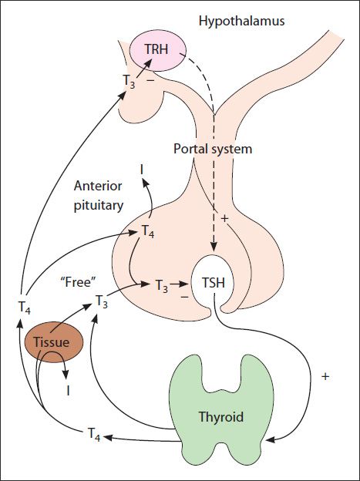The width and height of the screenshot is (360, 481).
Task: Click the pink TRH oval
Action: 158,51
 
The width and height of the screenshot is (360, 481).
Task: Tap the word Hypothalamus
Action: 241,21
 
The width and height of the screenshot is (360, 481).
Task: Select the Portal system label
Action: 213,149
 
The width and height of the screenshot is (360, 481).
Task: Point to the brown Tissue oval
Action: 54,341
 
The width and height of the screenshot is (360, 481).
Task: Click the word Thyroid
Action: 221,417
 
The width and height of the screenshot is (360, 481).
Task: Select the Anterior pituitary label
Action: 98,196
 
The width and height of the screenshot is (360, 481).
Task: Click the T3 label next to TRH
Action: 129,81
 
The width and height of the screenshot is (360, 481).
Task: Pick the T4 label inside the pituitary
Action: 147,231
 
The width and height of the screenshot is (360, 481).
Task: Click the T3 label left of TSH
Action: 162,286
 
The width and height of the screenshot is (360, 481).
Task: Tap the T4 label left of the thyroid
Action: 94,435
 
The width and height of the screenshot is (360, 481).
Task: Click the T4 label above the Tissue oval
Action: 24,307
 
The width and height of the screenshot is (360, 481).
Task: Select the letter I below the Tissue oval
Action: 68,391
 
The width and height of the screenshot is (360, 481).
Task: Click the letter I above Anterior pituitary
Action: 142,169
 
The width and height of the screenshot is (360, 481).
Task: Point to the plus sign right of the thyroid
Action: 325,376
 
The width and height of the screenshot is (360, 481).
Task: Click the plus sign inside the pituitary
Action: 224,218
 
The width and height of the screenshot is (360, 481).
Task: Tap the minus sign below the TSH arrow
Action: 184,297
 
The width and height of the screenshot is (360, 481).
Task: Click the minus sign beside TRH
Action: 150,80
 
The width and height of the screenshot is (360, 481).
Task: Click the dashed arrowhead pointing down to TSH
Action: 214,247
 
